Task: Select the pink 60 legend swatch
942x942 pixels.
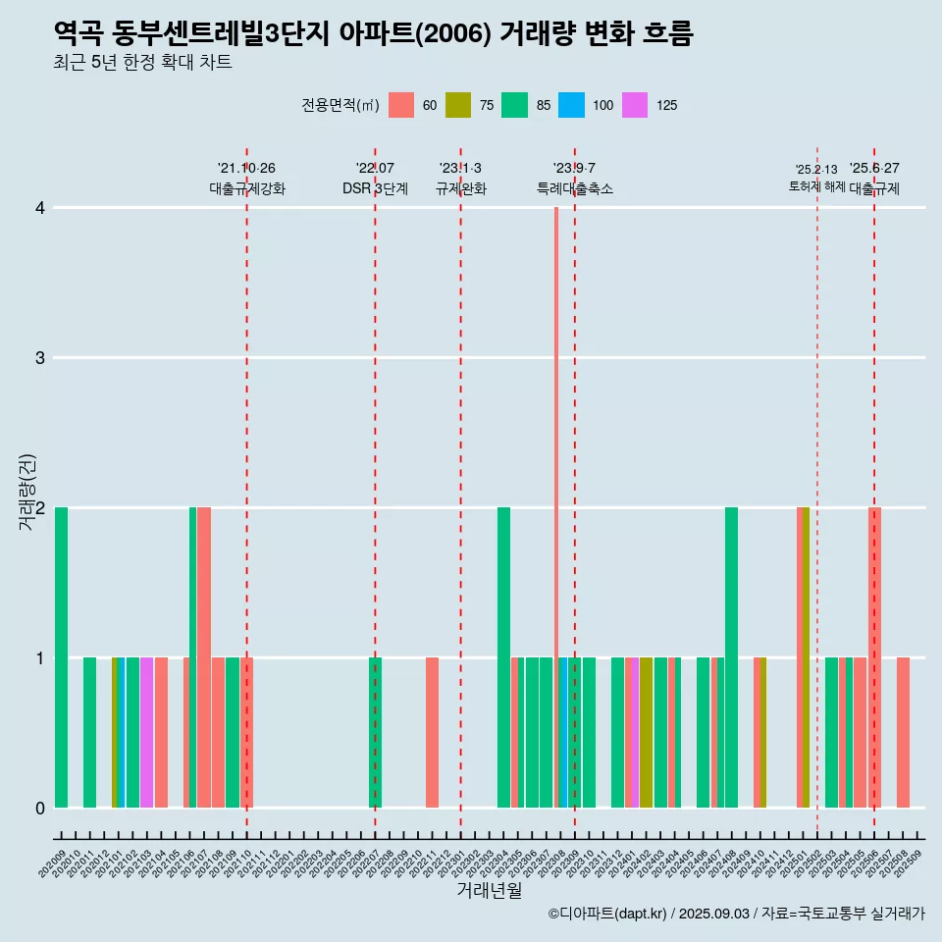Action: pos(401,105)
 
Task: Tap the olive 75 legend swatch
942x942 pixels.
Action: pos(458,105)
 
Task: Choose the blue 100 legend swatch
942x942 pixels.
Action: pos(571,105)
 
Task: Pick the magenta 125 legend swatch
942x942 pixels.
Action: pos(635,105)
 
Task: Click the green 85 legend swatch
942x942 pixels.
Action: pos(514,105)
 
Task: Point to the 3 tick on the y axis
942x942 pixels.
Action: pos(40,358)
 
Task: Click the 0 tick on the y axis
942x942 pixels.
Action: pos(40,809)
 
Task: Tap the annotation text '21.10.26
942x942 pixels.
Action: pos(246,168)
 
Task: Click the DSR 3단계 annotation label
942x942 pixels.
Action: pos(375,189)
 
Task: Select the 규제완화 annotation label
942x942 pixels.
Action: pos(460,189)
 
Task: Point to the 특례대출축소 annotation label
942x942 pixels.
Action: pos(574,189)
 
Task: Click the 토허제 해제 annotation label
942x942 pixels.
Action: pos(816,186)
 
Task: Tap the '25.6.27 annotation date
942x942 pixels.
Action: pos(874,168)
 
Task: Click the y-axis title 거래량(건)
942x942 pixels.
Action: pos(27,491)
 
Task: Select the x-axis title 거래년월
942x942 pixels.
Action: pos(489,890)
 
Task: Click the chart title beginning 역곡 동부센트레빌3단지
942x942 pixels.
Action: pos(373,34)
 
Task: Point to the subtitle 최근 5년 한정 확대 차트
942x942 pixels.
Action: pos(142,63)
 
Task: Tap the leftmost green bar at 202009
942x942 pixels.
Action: pos(61,657)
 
